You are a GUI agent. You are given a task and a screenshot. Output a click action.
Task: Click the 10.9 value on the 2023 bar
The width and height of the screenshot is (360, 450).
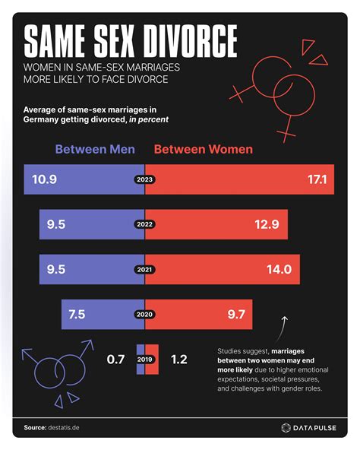coord(45,180)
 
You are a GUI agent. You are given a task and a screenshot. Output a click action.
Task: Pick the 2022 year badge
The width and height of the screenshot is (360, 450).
coord(144,225)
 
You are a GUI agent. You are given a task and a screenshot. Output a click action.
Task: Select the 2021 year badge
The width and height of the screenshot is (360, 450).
coord(144,269)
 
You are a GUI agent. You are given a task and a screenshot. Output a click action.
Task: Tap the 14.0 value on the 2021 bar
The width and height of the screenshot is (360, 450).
coord(278,269)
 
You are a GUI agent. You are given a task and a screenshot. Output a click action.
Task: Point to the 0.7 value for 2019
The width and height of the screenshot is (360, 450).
coord(115,358)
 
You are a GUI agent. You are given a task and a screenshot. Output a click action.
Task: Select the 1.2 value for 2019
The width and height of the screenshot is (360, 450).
coord(180,358)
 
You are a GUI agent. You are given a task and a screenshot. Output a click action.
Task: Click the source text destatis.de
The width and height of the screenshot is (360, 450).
coord(62,427)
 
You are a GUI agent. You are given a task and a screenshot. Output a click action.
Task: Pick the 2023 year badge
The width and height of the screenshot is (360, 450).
coord(144,180)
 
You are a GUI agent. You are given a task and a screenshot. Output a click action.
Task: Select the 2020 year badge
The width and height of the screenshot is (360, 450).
coord(144,313)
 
